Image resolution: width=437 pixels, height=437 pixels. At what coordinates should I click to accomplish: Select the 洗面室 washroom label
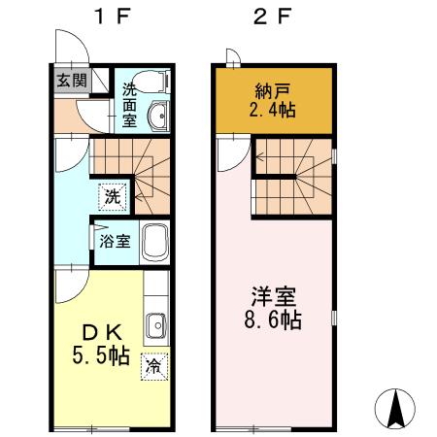pos(129,105)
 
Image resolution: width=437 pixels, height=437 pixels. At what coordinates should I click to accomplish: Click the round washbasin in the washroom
pos(158,118)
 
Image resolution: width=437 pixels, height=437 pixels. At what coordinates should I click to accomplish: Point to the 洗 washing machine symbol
pos(114,196)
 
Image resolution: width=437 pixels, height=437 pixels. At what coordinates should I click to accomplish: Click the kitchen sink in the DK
pos(156,323)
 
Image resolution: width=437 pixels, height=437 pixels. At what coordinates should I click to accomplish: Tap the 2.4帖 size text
pos(273,112)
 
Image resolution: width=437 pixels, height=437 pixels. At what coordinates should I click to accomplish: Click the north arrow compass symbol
pos(397,408)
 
